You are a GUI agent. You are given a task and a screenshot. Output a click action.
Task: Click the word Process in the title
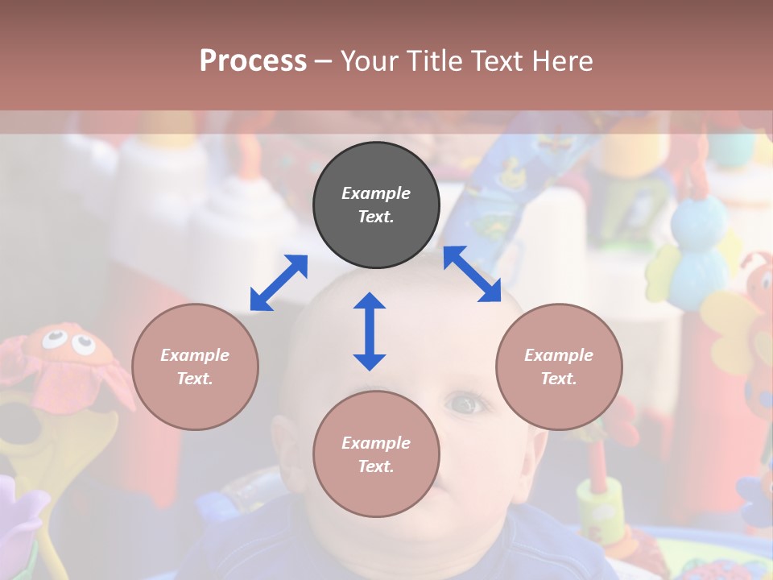(x=253, y=61)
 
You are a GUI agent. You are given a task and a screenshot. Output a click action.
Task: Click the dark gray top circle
(x=376, y=205)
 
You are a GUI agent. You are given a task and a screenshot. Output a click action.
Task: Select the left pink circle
(x=195, y=367)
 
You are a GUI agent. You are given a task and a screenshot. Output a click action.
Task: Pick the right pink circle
(x=559, y=367)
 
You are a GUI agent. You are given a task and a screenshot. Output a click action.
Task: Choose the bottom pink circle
(x=376, y=454)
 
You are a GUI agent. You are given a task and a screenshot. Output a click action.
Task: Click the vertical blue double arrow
(x=370, y=331)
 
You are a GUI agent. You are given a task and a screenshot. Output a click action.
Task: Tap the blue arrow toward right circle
(x=473, y=274)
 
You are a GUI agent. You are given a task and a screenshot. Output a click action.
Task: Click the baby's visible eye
(x=467, y=403)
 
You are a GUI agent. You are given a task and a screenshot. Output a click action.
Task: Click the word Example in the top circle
(x=376, y=193)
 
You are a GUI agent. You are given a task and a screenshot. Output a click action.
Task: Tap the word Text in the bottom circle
(x=375, y=466)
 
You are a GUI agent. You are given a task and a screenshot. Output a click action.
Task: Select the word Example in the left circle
(x=195, y=355)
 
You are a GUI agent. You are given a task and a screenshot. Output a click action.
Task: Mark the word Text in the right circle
(x=558, y=379)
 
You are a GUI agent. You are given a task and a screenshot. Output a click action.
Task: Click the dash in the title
(x=323, y=61)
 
